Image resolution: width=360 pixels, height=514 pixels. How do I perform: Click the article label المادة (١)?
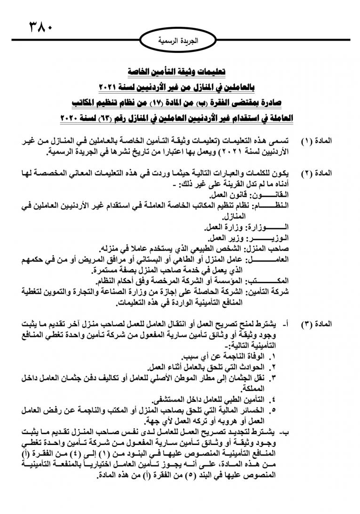pyautogui.click(x=316, y=141)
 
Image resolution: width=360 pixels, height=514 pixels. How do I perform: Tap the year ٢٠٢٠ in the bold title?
pyautogui.click(x=73, y=117)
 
